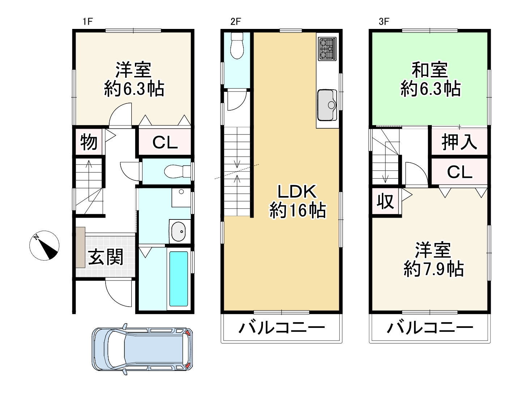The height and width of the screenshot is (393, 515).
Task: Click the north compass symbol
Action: (44, 245)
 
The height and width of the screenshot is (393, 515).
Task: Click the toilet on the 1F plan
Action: (177, 171)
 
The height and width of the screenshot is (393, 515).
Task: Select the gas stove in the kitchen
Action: (328, 48)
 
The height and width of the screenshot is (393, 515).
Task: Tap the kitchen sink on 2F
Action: (327, 105)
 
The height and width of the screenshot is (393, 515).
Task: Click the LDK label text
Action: (297, 192)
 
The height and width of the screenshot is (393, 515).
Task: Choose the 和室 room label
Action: (430, 70)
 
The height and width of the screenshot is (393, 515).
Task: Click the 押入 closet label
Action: (459, 142)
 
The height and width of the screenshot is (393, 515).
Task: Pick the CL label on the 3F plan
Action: (459, 172)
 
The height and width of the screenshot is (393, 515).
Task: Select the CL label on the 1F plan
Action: (165, 143)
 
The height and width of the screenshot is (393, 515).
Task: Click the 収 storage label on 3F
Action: (386, 201)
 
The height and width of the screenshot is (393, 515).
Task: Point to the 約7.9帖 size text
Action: (434, 269)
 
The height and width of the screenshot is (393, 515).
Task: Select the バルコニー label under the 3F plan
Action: (430, 328)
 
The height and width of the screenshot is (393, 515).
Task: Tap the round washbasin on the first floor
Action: (178, 231)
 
